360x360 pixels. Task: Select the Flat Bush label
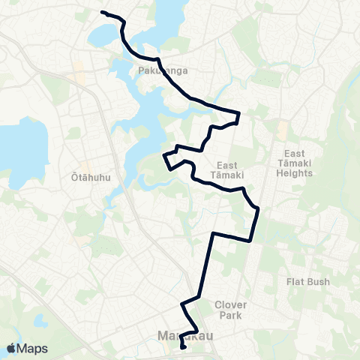[307, 282]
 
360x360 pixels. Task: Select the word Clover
[231, 304]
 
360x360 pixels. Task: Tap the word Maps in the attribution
[33, 348]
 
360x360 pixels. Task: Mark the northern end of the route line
[102, 12]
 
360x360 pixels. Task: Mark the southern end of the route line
[184, 348]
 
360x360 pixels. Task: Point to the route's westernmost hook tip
[163, 155]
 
